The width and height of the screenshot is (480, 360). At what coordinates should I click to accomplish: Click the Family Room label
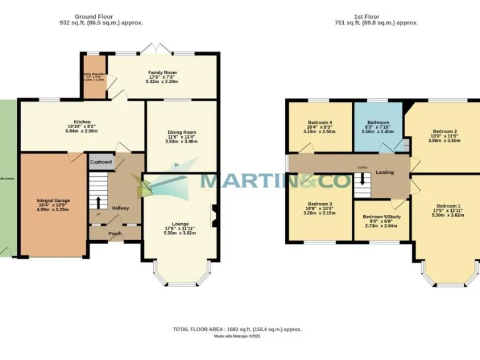pyautogui.click(x=162, y=72)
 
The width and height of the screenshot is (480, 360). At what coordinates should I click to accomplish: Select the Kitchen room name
pyautogui.click(x=82, y=122)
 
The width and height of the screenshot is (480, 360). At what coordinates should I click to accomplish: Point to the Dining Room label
pyautogui.click(x=182, y=132)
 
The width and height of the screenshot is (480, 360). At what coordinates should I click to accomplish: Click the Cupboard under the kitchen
pyautogui.click(x=101, y=162)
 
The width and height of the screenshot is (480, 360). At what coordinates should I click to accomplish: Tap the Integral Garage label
pyautogui.click(x=53, y=201)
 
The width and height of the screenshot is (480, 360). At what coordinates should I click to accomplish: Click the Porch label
pyautogui.click(x=115, y=234)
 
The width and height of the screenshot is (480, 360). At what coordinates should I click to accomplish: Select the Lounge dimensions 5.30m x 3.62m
pyautogui.click(x=179, y=233)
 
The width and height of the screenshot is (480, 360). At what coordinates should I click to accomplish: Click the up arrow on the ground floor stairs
pyautogui.click(x=97, y=202)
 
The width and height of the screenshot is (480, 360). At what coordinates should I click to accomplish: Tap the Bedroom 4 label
pyautogui.click(x=320, y=122)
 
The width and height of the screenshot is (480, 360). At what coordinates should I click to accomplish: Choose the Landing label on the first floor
pyautogui.click(x=384, y=172)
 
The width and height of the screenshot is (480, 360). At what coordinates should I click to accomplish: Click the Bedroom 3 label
pyautogui.click(x=319, y=204)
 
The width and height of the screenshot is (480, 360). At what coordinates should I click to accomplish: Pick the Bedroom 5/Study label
pyautogui.click(x=381, y=217)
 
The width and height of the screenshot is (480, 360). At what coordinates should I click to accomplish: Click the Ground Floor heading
pyautogui.click(x=101, y=16)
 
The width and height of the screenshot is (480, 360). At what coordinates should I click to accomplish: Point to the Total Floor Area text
pyautogui.click(x=237, y=329)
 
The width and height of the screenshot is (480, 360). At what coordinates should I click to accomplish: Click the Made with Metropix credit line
pyautogui.click(x=237, y=336)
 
